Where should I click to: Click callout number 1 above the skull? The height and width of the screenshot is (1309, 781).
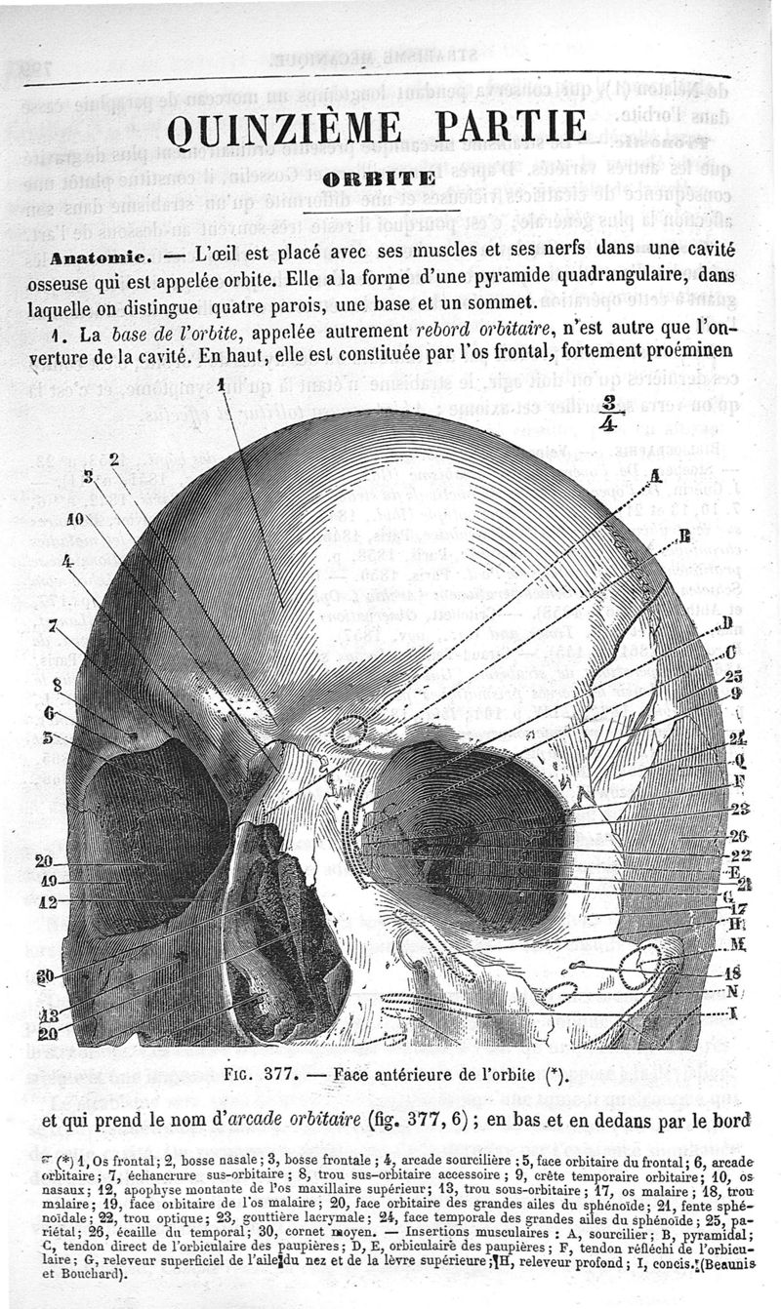tap(223, 382)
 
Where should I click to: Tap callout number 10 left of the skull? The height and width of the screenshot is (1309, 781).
tap(75, 519)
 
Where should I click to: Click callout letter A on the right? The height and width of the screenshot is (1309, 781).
tap(656, 475)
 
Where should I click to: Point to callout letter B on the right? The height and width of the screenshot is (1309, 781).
tap(684, 534)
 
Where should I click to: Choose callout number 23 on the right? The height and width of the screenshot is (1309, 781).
tap(738, 809)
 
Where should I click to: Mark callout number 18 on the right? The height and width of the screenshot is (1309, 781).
tap(733, 972)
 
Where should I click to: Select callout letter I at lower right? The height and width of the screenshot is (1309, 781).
tap(732, 1014)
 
